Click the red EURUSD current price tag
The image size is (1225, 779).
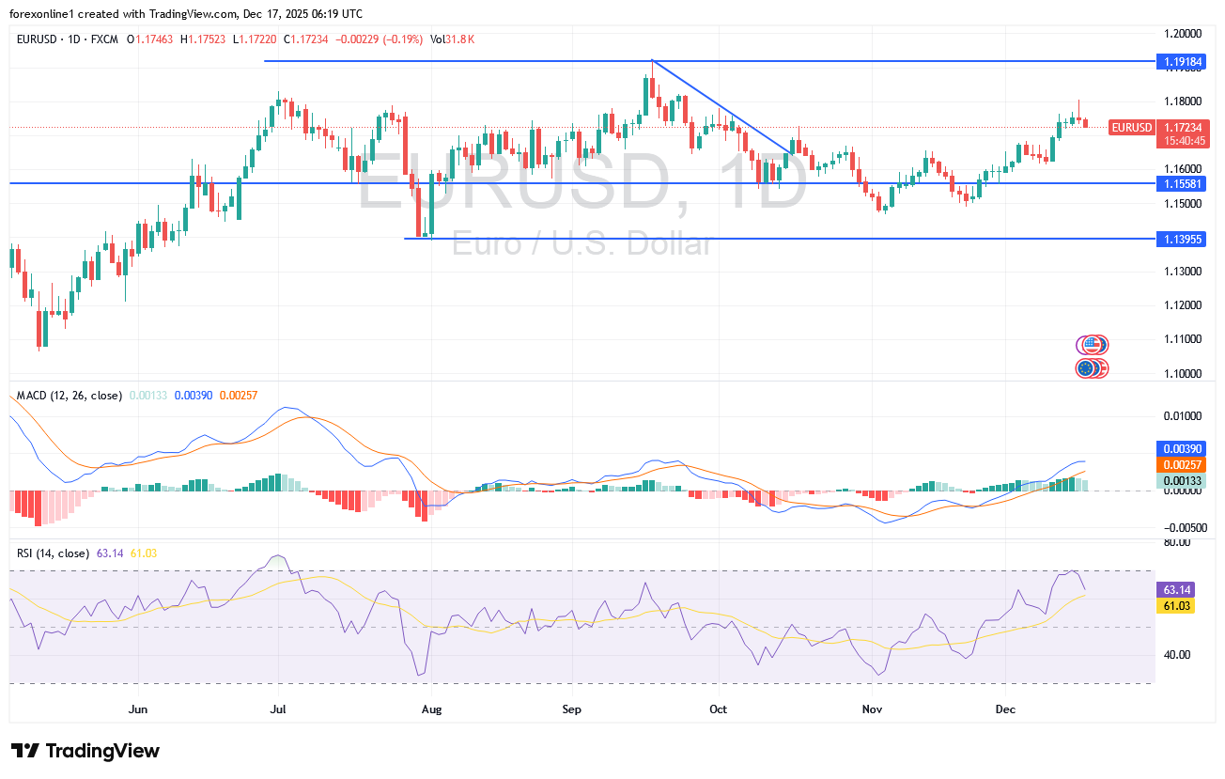coord(1131,127)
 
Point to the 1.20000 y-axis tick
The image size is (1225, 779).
coord(1183,33)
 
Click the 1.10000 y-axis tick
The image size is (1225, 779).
coord(1183,373)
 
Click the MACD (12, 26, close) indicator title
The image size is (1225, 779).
coord(70,396)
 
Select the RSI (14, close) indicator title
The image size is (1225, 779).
coord(54,553)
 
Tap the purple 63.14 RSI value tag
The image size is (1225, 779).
coord(1177,589)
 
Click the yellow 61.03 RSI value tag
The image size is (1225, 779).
coord(1177,607)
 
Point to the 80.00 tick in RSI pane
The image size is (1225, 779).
coord(1177,542)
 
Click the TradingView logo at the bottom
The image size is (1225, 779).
coord(85,751)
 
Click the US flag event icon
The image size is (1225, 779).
coord(1092,345)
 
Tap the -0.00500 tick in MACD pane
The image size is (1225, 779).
coord(1181,528)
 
